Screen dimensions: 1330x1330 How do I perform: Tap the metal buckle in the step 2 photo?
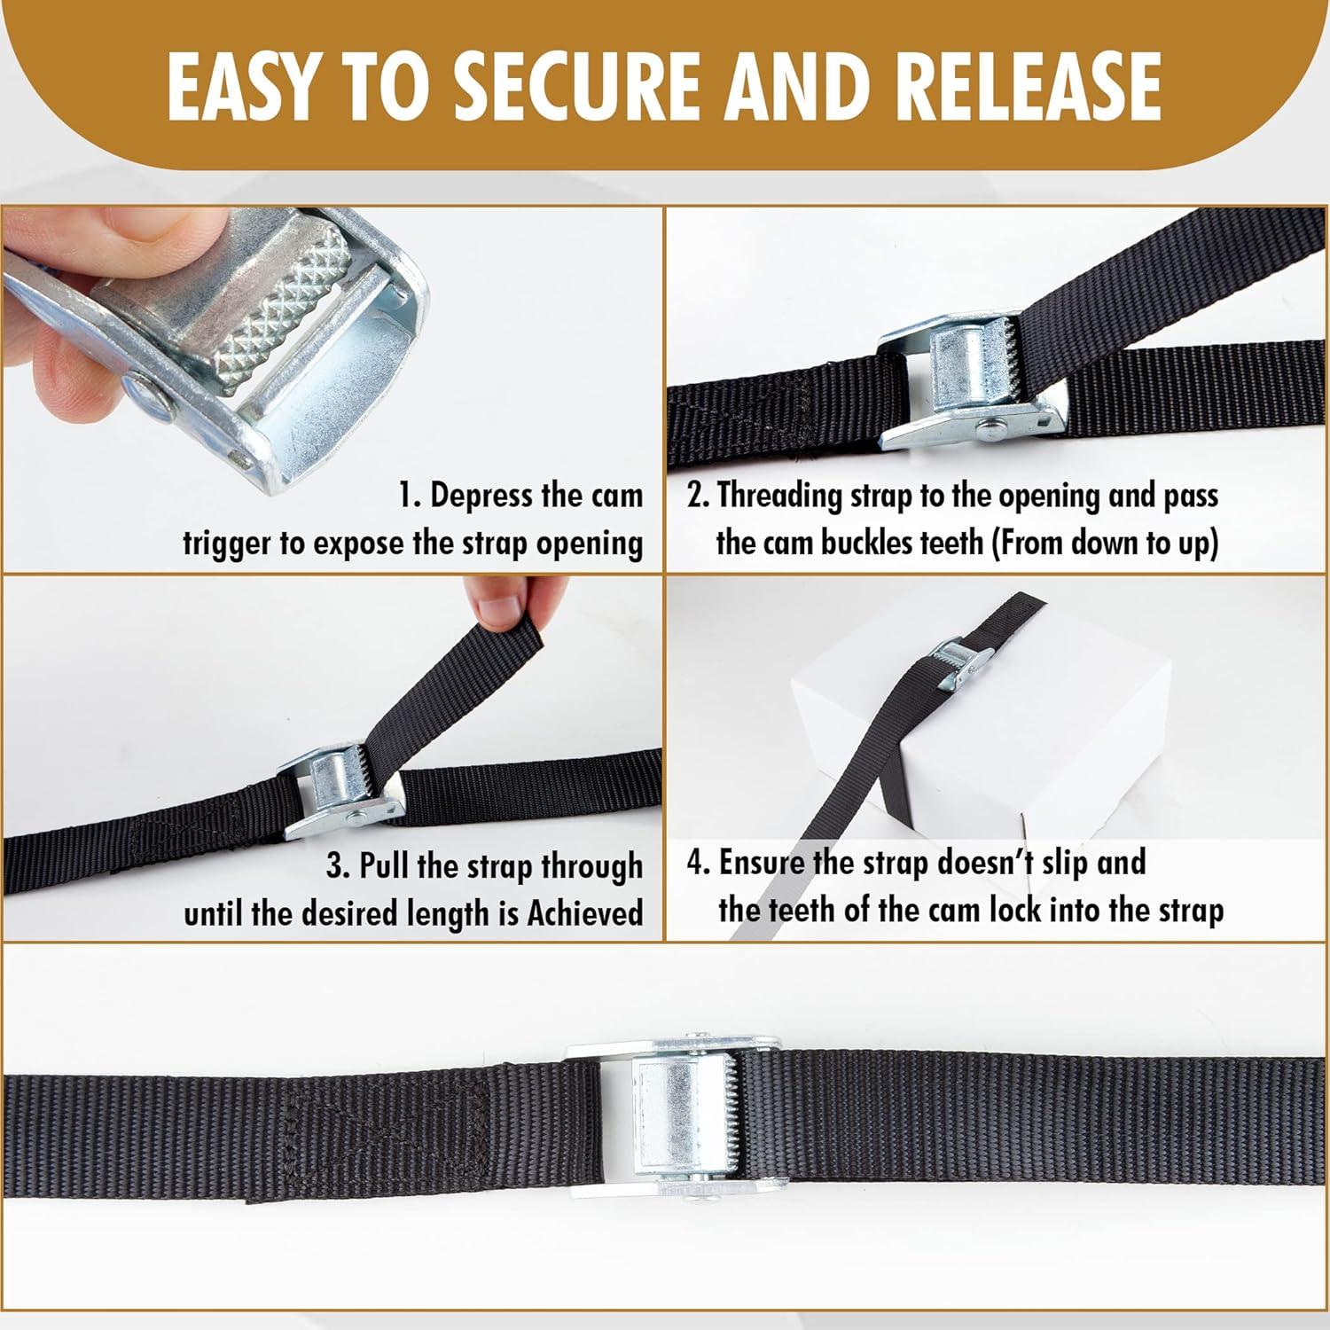(971, 382)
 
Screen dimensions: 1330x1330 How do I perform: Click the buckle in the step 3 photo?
(341, 792)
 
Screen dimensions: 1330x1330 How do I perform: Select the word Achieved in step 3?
(585, 912)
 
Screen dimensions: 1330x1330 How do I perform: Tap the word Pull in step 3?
(384, 865)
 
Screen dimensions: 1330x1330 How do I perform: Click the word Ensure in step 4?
(762, 863)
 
